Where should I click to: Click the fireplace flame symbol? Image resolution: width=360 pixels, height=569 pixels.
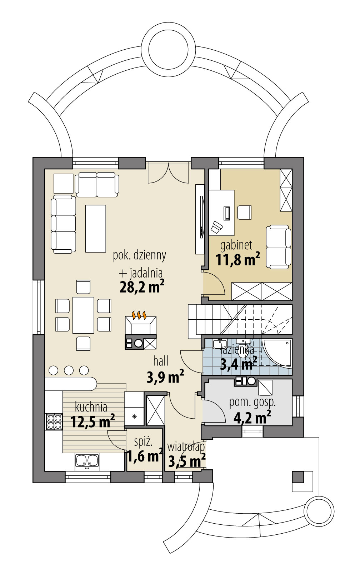pyautogui.click(x=140, y=315)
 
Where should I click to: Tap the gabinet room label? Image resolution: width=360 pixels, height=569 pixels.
pyautogui.click(x=236, y=245)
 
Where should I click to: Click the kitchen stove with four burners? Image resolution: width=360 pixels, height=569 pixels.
pyautogui.click(x=54, y=421)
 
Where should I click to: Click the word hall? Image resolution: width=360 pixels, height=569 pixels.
pyautogui.click(x=161, y=361)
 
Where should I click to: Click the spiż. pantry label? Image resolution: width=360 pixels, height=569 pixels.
pyautogui.click(x=143, y=442)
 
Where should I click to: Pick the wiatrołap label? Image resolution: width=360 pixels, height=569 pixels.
pyautogui.click(x=186, y=446)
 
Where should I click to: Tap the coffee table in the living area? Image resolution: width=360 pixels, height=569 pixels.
pyautogui.click(x=96, y=228)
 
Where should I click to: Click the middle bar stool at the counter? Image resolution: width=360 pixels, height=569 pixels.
pyautogui.click(x=69, y=370)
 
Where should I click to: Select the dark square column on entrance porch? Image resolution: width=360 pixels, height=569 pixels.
pyautogui.click(x=297, y=476)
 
